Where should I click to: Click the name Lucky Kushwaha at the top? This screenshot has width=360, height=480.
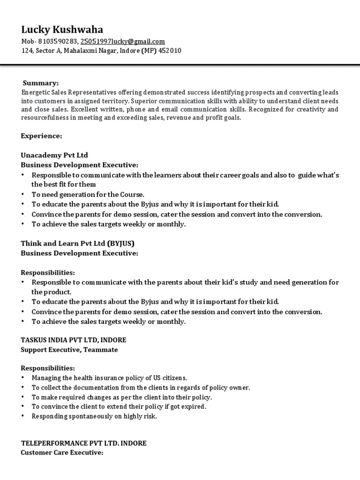(x=62, y=30)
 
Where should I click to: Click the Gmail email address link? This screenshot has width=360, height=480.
(x=122, y=42)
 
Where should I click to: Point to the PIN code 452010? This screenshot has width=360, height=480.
(x=170, y=51)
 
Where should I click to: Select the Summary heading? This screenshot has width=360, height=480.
(x=41, y=83)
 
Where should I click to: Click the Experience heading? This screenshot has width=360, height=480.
(x=41, y=136)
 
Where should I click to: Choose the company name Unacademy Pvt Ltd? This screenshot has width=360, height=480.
(x=54, y=155)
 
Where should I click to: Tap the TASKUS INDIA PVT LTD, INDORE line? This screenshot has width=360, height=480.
(x=73, y=339)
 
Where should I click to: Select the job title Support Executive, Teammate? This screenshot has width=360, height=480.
(x=69, y=349)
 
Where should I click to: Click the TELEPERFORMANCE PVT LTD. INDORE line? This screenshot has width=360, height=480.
(x=84, y=443)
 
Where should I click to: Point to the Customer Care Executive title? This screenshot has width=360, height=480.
(x=62, y=453)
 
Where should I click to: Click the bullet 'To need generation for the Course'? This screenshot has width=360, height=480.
(x=88, y=195)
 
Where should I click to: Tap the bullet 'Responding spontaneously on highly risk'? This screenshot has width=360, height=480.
(x=94, y=416)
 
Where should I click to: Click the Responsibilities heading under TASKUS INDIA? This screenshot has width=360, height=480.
(x=48, y=368)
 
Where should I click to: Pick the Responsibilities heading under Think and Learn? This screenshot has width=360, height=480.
(x=48, y=272)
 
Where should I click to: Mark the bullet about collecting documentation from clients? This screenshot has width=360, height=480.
(x=141, y=388)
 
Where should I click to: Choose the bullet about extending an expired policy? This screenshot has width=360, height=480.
(x=119, y=407)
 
